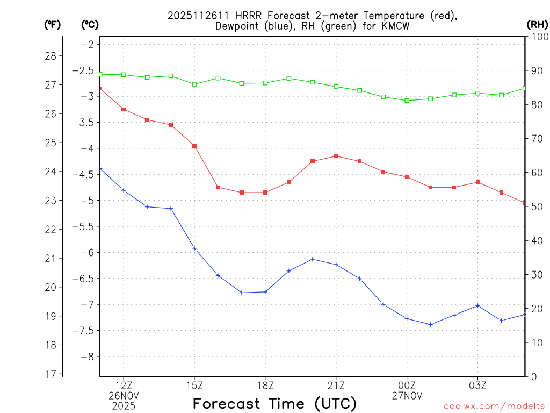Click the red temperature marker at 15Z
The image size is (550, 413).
click(x=194, y=146)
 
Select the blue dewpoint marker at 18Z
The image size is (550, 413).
click(x=265, y=291)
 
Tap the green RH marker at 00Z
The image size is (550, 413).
click(x=407, y=101)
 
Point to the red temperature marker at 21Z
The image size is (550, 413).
click(x=336, y=156)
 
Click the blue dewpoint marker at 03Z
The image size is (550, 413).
click(x=478, y=305)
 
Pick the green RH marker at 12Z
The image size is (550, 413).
click(x=124, y=75)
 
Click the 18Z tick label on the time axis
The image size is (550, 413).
click(x=265, y=386)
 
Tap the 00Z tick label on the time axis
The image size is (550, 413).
click(x=407, y=386)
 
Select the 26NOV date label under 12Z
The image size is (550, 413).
click(x=124, y=396)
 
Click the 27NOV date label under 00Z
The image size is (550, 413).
click(x=407, y=396)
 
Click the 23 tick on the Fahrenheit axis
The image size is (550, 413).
click(x=53, y=201)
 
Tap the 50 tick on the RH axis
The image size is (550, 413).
click(x=537, y=206)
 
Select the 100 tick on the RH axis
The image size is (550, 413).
click(x=539, y=37)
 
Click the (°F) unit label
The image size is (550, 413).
click(x=52, y=24)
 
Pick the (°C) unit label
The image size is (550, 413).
click(x=90, y=24)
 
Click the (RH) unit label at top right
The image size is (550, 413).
click(x=537, y=24)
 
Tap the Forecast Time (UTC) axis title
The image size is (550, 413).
click(x=274, y=403)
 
